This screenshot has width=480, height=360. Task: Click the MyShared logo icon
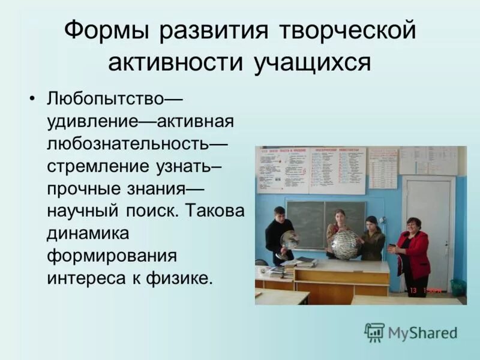click(374, 332)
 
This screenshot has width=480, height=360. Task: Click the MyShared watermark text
click(422, 332)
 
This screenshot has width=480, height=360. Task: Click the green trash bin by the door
click(458, 287)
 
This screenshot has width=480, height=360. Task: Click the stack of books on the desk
click(305, 262)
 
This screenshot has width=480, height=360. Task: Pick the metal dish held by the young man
click(289, 240)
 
